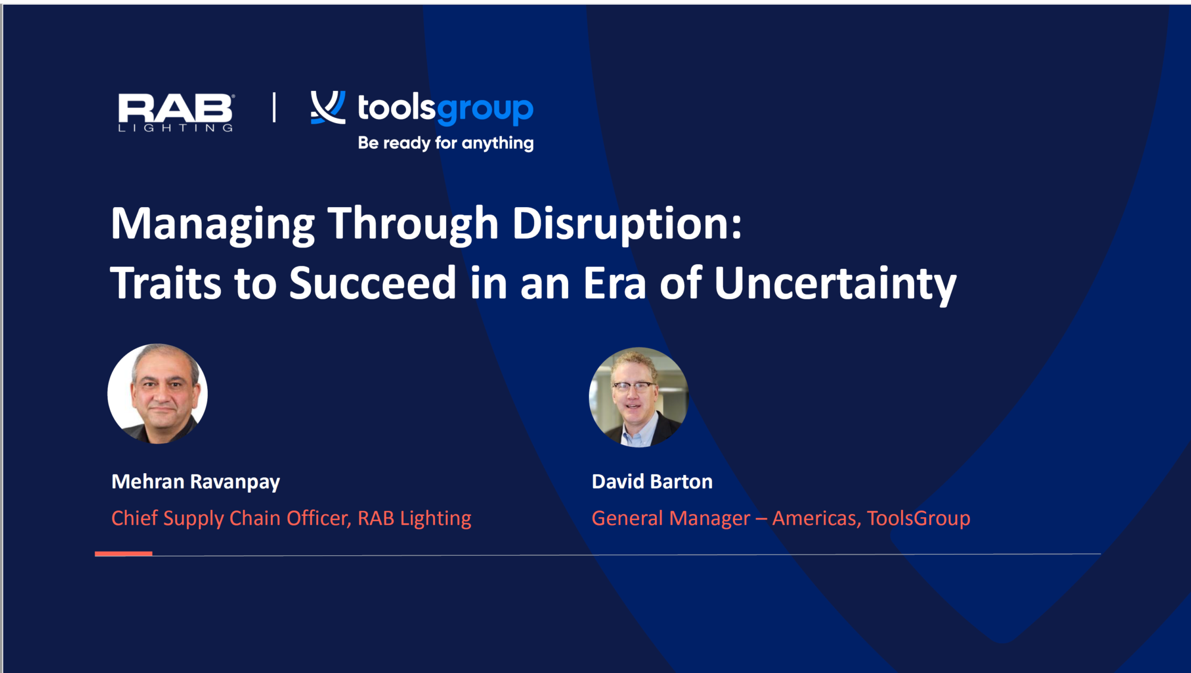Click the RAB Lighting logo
[x=176, y=112]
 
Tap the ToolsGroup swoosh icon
[x=328, y=108]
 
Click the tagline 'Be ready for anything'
[x=445, y=143]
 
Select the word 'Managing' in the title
[x=213, y=224]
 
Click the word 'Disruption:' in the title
[x=627, y=224]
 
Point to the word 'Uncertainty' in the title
[x=835, y=283]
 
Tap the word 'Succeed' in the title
[x=372, y=283]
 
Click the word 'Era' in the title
[x=614, y=283]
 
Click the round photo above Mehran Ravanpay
[x=158, y=393]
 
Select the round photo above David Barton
[x=638, y=397]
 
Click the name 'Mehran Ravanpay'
[x=195, y=481]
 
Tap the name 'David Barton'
[x=652, y=481]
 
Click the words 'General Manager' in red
[x=671, y=518]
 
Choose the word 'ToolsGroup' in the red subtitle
[x=918, y=518]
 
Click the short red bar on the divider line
[x=123, y=553]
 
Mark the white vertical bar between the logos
[x=274, y=108]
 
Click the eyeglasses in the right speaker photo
[x=632, y=386]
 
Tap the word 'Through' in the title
[x=413, y=224]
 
